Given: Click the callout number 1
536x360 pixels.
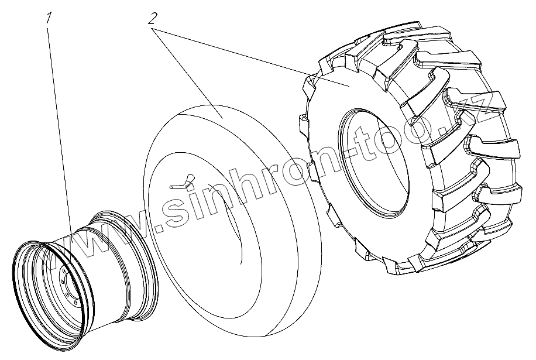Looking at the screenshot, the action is (x=50, y=18).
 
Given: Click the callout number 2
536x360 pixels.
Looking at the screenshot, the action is (x=153, y=18).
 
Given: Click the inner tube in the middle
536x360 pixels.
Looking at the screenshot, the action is (x=232, y=222).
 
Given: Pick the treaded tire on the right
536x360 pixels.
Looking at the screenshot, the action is (x=410, y=147).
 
